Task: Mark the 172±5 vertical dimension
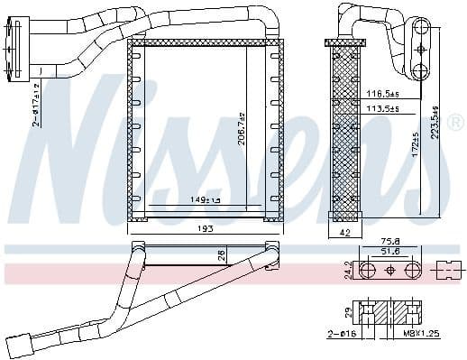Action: (x=417, y=144)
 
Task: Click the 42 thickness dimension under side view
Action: (x=343, y=233)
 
